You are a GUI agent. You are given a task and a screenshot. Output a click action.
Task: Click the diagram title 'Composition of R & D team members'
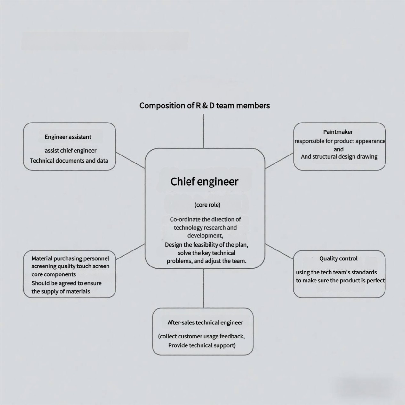pyautogui.click(x=204, y=106)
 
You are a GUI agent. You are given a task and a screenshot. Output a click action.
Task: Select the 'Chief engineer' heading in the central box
pyautogui.click(x=204, y=182)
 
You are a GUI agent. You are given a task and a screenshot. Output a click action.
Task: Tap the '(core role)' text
pyautogui.click(x=207, y=205)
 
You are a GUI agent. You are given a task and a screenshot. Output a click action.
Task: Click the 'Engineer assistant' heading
pyautogui.click(x=68, y=137)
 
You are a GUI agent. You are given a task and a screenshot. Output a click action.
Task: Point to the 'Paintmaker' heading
pyautogui.click(x=338, y=132)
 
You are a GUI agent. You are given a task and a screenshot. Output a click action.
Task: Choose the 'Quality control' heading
pyautogui.click(x=338, y=258)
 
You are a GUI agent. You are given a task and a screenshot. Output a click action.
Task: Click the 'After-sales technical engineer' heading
pyautogui.click(x=205, y=322)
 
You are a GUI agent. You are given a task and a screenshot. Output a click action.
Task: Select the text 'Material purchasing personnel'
pyautogui.click(x=70, y=258)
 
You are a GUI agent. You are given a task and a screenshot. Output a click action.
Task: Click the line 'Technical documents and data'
pyautogui.click(x=69, y=161)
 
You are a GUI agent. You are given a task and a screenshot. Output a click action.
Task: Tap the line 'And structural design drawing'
pyautogui.click(x=339, y=157)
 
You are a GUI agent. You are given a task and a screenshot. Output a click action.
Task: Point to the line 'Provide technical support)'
pyautogui.click(x=202, y=345)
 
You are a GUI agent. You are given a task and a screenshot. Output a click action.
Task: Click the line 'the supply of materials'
pyautogui.click(x=60, y=291)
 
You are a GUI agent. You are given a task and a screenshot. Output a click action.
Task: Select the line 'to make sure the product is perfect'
pyautogui.click(x=340, y=281)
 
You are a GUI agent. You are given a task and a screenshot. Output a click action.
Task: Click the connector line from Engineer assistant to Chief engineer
pyautogui.click(x=130, y=160)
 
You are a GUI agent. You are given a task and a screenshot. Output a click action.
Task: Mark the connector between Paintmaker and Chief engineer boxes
pyautogui.click(x=279, y=161)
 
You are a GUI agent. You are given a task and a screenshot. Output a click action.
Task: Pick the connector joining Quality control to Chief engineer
pyautogui.click(x=279, y=251)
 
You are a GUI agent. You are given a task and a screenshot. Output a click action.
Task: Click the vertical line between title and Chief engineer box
pyautogui.click(x=203, y=131)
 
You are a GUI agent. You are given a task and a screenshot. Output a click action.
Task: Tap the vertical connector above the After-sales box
pyautogui.click(x=203, y=288)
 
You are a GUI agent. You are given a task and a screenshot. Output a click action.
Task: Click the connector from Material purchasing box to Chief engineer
pyautogui.click(x=130, y=252)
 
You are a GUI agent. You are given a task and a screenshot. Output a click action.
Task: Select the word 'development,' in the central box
pyautogui.click(x=205, y=236)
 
